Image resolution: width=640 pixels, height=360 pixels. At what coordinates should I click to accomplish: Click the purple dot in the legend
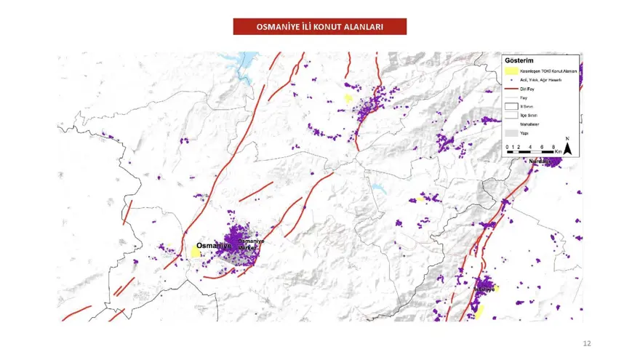[x=512, y=80]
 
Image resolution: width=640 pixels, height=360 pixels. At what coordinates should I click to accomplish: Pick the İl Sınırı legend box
[x=512, y=105]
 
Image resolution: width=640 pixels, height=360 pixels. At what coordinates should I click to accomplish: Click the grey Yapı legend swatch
[x=512, y=133]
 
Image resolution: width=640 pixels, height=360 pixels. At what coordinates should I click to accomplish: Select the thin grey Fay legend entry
[x=512, y=97]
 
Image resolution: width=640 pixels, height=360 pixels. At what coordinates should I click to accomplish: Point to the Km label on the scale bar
[x=559, y=151]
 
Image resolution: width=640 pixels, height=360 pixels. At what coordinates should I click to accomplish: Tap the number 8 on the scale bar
[x=553, y=147]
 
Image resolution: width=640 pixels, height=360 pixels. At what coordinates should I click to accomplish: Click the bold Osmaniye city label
[x=214, y=246]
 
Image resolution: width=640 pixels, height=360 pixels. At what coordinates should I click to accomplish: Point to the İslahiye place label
[x=484, y=289]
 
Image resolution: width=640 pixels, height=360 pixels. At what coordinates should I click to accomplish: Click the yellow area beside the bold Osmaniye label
[x=196, y=252]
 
